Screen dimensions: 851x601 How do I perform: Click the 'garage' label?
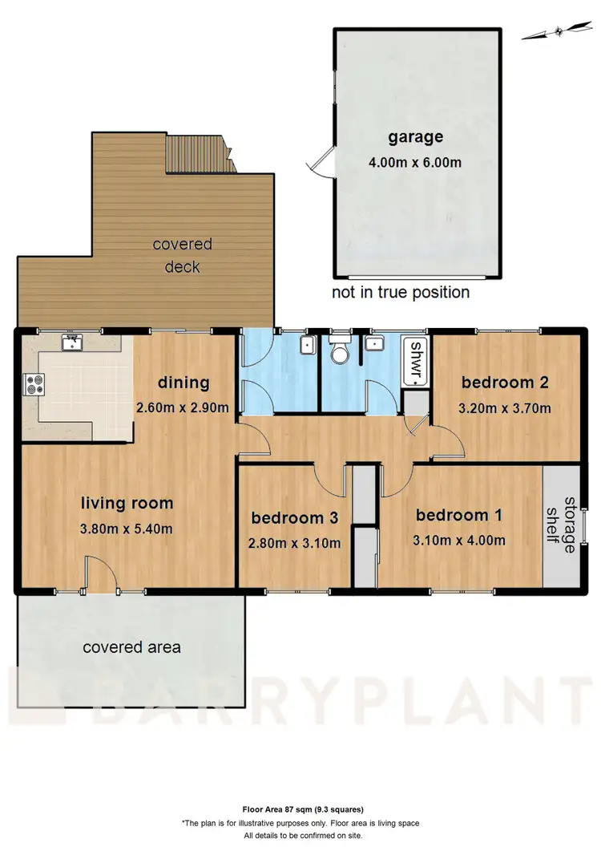pyautogui.click(x=415, y=137)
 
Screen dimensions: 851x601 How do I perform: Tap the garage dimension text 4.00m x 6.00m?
pyautogui.click(x=415, y=161)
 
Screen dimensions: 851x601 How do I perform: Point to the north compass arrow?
pyautogui.click(x=553, y=32)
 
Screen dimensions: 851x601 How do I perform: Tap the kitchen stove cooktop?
pyautogui.click(x=35, y=384)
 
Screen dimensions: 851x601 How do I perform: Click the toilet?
pyautogui.click(x=339, y=351)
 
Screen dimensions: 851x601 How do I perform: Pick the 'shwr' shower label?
pyautogui.click(x=417, y=362)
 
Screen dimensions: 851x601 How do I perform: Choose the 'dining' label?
pyautogui.click(x=184, y=383)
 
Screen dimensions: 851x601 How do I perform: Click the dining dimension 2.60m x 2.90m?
pyautogui.click(x=184, y=407)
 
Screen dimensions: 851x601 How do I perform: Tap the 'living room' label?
pyautogui.click(x=127, y=504)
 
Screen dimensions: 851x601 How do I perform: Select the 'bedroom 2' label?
pyautogui.click(x=504, y=383)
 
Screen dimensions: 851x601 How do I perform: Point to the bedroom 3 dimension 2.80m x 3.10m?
pyautogui.click(x=296, y=543)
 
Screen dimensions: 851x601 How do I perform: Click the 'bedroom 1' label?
pyautogui.click(x=453, y=516)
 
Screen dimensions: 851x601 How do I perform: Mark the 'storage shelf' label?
pyautogui.click(x=560, y=525)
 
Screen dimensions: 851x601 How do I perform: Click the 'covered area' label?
pyautogui.click(x=132, y=646)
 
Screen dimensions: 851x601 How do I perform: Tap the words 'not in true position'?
pyautogui.click(x=401, y=292)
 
